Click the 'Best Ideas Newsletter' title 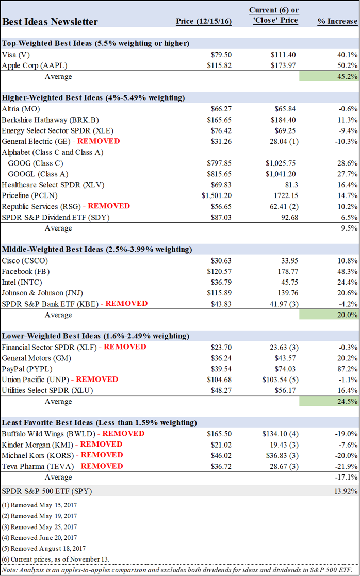(50, 22)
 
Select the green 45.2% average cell (329, 77)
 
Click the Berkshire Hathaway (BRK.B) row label (44, 120)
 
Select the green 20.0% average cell (329, 315)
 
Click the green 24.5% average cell (329, 401)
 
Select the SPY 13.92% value (344, 491)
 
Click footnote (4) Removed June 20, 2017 (39, 537)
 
